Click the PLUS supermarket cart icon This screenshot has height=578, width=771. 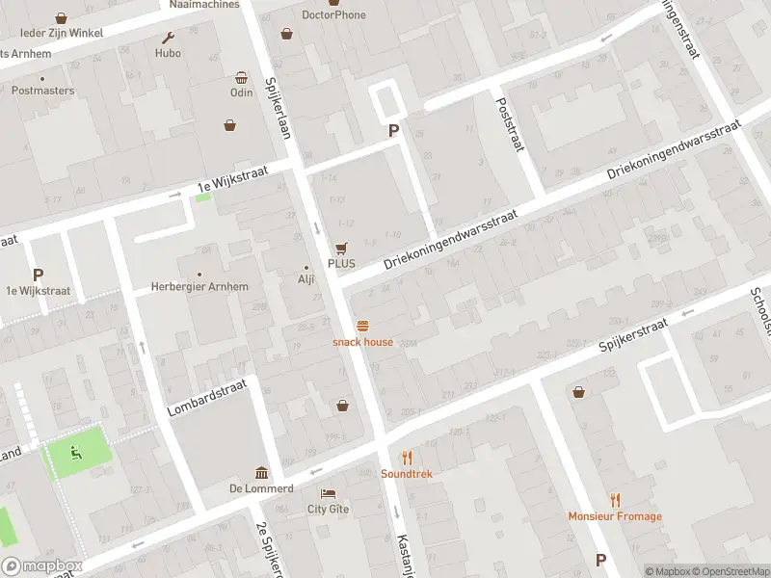pyautogui.click(x=341, y=248)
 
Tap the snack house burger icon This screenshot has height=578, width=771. pyautogui.click(x=363, y=326)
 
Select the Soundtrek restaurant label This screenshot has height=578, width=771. pyautogui.click(x=406, y=474)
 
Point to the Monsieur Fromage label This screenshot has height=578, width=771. pyautogui.click(x=615, y=516)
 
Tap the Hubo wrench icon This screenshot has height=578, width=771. pyautogui.click(x=169, y=39)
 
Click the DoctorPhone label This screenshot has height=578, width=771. pyautogui.click(x=333, y=15)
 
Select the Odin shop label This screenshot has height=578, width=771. pyautogui.click(x=241, y=92)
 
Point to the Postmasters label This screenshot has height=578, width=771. pyautogui.click(x=42, y=91)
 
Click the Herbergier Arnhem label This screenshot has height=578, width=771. pyautogui.click(x=199, y=287)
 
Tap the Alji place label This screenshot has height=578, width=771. pyautogui.click(x=306, y=279)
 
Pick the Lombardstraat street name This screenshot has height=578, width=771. pyautogui.click(x=207, y=397)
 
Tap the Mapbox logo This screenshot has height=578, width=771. pyautogui.click(x=42, y=566)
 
